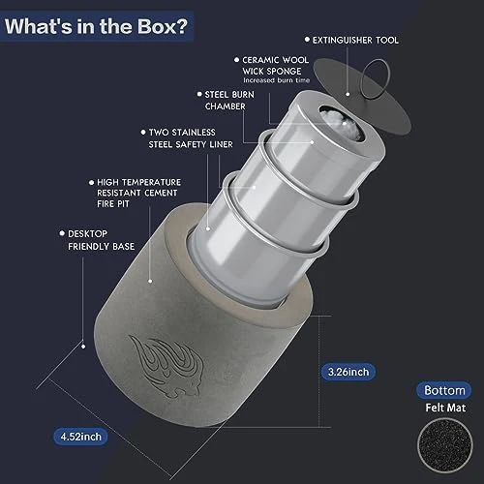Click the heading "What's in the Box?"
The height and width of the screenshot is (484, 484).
click(x=96, y=26)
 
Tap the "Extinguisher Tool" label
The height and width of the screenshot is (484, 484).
click(x=355, y=40)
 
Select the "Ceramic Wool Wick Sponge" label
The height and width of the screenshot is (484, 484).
click(x=275, y=66)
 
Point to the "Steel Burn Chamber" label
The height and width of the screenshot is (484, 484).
click(x=229, y=101)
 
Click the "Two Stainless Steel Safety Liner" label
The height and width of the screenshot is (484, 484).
click(x=191, y=138)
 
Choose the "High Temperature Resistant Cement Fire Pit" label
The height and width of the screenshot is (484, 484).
click(x=138, y=193)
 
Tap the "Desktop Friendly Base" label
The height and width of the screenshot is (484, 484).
click(x=101, y=240)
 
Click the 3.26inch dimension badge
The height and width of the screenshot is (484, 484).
click(x=348, y=372)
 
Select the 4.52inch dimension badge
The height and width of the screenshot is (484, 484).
click(x=80, y=437)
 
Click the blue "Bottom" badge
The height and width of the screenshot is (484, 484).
click(x=444, y=390)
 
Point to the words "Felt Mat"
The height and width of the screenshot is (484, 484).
click(x=445, y=408)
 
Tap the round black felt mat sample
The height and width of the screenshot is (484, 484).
click(x=445, y=445)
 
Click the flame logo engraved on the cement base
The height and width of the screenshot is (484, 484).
click(x=166, y=366)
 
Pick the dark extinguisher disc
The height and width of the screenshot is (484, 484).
click(x=361, y=97)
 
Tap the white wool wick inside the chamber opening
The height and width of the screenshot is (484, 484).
click(x=342, y=124)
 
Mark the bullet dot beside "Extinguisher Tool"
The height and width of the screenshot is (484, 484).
click(x=307, y=40)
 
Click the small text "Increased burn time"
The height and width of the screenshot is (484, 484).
click(x=277, y=80)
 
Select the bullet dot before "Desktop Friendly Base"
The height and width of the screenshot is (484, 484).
click(x=62, y=233)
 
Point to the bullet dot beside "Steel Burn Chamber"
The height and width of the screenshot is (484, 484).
click(x=199, y=94)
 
